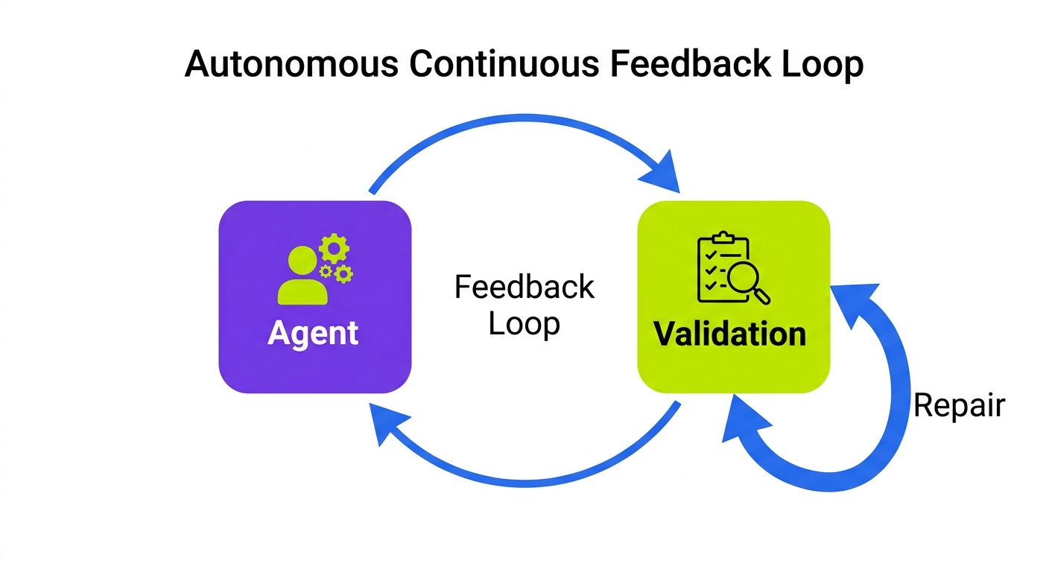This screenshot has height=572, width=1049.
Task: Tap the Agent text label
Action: tap(313, 333)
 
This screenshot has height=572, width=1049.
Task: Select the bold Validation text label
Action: tap(730, 334)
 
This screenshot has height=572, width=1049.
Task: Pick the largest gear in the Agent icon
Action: tap(333, 249)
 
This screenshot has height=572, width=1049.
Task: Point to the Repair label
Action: tap(959, 406)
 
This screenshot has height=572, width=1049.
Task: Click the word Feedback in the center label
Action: tap(524, 287)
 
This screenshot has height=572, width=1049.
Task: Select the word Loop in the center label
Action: tap(524, 324)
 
